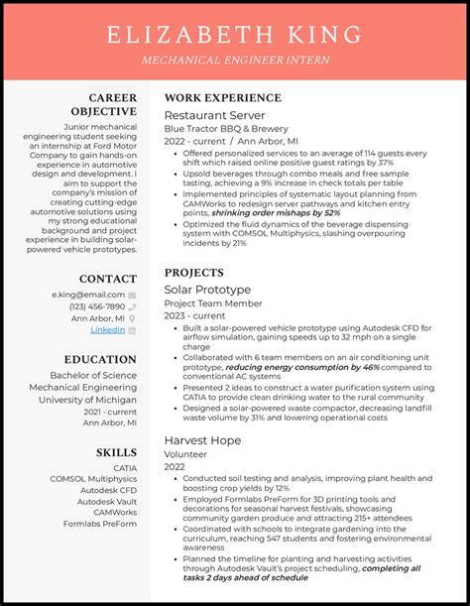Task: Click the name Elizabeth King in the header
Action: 234,37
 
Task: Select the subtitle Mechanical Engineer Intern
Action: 234,60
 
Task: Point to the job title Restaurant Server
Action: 207,115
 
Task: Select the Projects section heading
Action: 194,272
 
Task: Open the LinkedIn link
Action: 108,329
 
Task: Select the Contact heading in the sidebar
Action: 108,279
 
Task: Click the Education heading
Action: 102,359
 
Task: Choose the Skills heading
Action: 116,452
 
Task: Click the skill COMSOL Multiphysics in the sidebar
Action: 94,479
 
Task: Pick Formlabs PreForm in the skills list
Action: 100,523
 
